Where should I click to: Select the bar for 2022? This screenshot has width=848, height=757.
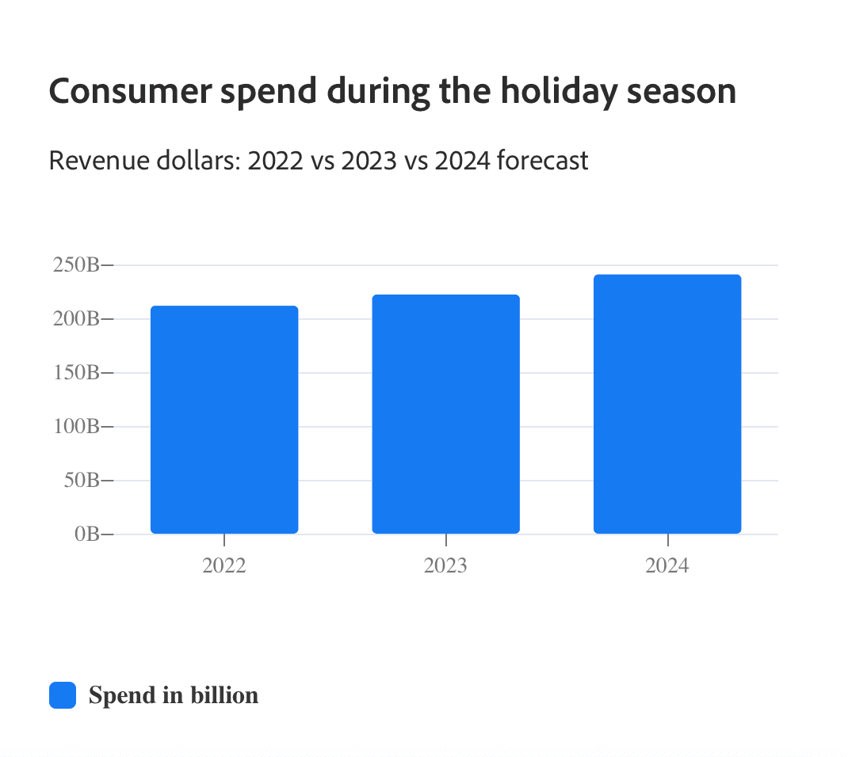(x=224, y=420)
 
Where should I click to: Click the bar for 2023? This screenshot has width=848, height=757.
(x=445, y=414)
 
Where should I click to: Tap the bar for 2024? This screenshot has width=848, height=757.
(x=667, y=404)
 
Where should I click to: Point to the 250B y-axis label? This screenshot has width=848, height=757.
(x=76, y=265)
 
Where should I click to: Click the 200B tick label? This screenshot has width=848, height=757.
(x=76, y=319)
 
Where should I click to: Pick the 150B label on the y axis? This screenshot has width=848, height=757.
(x=76, y=373)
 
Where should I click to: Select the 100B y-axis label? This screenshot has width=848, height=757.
(x=76, y=427)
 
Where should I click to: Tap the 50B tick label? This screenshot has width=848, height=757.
(x=80, y=481)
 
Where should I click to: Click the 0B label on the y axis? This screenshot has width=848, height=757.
(x=86, y=534)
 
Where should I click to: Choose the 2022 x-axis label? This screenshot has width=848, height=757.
(x=224, y=566)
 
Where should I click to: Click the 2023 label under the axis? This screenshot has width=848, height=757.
(x=445, y=566)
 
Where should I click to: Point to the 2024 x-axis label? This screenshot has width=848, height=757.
(x=667, y=566)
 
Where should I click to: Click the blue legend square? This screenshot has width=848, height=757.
(x=63, y=695)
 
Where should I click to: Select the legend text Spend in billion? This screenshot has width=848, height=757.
(x=174, y=695)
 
